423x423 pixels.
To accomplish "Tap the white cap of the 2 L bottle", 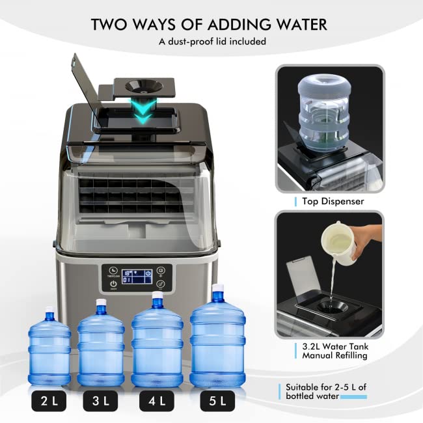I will tap(48, 318).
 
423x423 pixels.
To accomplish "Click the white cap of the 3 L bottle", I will tap(101, 303).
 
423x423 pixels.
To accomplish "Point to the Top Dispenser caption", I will tap(333, 201).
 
